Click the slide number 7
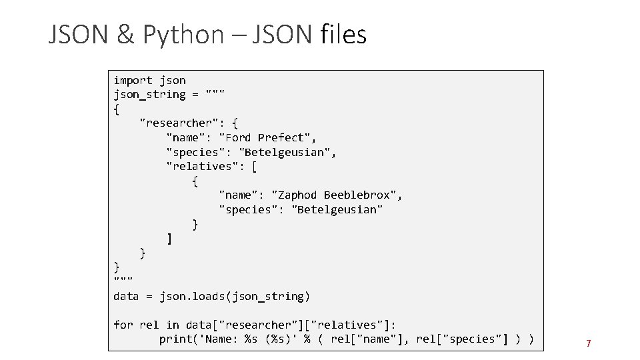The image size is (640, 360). pyautogui.click(x=589, y=344)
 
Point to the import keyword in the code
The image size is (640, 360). pyautogui.click(x=133, y=80)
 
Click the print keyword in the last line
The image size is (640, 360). pyautogui.click(x=175, y=339)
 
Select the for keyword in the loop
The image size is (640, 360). pyautogui.click(x=123, y=325)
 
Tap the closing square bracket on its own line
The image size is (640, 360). pyautogui.click(x=169, y=238)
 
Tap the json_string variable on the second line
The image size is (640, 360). pyautogui.click(x=149, y=94)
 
